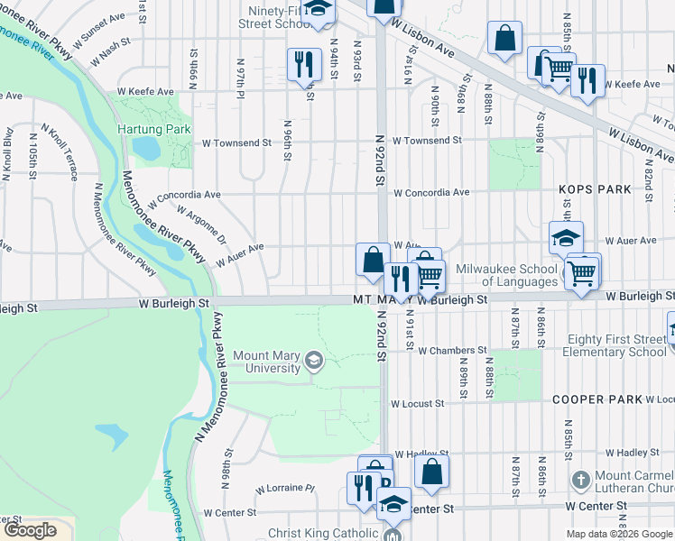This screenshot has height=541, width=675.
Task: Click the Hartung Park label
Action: point(154,129)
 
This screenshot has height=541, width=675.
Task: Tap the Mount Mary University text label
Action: point(266,362)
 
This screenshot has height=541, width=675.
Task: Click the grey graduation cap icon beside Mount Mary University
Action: point(313,362)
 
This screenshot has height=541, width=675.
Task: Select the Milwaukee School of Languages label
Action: point(506,275)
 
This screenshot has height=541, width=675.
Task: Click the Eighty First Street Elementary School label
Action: point(616,346)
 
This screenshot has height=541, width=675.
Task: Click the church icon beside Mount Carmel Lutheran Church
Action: point(581,478)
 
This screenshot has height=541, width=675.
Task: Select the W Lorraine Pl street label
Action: point(284,489)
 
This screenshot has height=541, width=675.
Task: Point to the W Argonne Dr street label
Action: point(200,225)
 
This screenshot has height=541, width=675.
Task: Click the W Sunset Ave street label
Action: point(106,32)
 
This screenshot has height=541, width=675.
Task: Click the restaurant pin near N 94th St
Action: point(303,64)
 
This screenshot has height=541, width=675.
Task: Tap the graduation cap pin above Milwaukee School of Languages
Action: point(566,239)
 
